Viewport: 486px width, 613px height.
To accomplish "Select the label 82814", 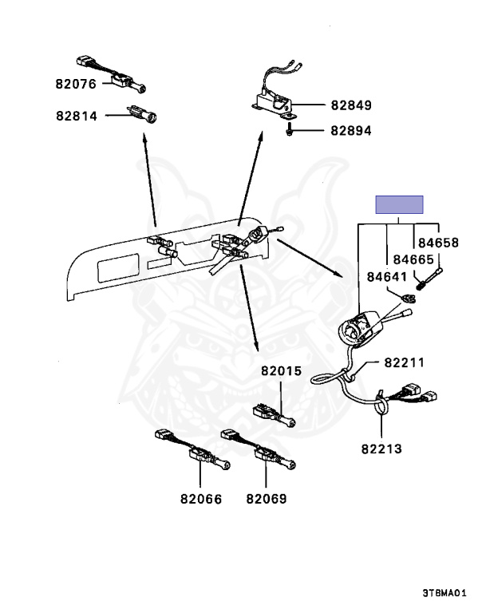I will click(77, 116).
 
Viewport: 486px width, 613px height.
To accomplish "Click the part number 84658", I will click(437, 242).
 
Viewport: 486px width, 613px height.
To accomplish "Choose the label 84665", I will click(412, 259).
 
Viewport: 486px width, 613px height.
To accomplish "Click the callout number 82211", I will click(404, 362).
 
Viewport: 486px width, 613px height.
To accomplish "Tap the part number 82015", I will click(281, 371).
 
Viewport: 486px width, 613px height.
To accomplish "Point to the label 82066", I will click(200, 499).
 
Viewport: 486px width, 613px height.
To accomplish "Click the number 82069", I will click(266, 499).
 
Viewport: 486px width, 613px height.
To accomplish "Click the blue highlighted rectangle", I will click(400, 204).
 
